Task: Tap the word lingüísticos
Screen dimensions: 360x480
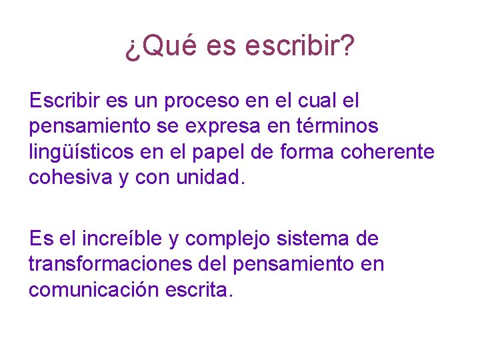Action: pos(81,153)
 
